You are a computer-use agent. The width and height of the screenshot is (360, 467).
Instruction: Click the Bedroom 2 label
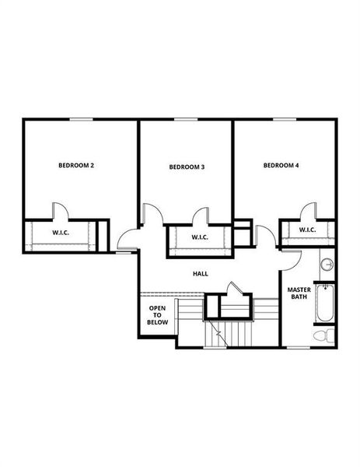pyautogui.click(x=76, y=165)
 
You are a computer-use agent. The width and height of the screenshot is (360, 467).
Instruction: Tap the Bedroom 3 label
pyautogui.click(x=187, y=167)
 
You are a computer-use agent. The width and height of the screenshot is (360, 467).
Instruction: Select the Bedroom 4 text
pyautogui.click(x=281, y=165)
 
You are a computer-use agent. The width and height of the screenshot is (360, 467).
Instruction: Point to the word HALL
pyautogui.click(x=201, y=273)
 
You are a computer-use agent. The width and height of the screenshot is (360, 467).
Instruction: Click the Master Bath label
pyautogui.click(x=299, y=293)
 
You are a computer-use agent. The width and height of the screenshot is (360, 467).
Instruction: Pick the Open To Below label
pyautogui.click(x=158, y=314)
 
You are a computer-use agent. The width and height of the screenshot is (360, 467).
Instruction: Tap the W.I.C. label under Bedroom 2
pyautogui.click(x=62, y=233)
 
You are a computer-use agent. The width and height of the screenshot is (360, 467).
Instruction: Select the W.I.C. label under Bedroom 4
pyautogui.click(x=306, y=230)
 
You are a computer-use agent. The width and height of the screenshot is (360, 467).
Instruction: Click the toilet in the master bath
pyautogui.click(x=323, y=335)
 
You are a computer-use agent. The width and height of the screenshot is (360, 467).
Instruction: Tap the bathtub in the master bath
pyautogui.click(x=323, y=304)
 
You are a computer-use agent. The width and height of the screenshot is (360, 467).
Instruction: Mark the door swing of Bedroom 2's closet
pyautogui.click(x=61, y=212)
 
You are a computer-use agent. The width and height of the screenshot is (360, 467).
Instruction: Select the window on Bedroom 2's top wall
pyautogui.click(x=80, y=119)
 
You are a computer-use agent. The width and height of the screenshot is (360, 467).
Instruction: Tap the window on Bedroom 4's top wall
pyautogui.click(x=284, y=119)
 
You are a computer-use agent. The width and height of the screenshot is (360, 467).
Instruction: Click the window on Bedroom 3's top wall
pyautogui.click(x=183, y=119)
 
